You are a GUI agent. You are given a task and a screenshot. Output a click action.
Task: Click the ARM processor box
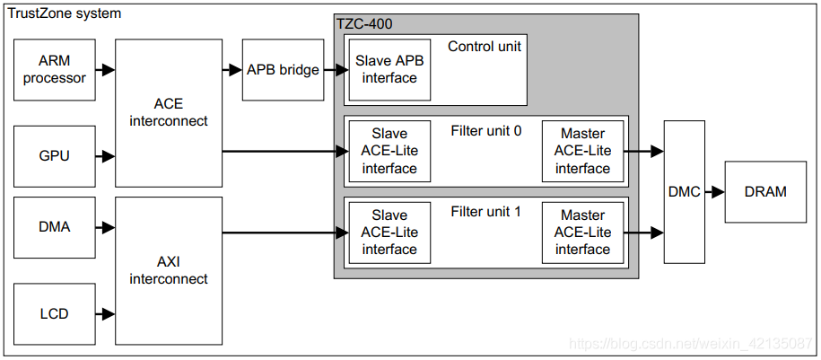coord(55,70)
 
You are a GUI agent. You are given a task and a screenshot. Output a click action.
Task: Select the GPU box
coord(55,156)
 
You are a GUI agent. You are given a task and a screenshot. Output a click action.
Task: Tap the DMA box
coord(55,227)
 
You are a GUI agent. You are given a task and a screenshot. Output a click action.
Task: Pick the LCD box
coord(55,314)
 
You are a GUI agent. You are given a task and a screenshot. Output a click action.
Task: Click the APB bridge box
coord(283,70)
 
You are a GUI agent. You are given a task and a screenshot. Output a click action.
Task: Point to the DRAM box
coord(765,192)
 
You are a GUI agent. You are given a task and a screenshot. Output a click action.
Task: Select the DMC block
coord(685,192)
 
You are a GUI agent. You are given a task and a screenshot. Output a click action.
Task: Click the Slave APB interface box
coord(389,70)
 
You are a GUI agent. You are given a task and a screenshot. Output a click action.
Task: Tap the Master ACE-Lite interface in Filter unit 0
coord(582,152)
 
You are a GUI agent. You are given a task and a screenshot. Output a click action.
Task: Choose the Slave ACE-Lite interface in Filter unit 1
coord(389,233)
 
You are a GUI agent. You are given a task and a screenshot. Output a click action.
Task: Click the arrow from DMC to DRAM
coord(715,192)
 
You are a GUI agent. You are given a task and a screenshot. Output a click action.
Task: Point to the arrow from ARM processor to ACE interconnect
coord(105,70)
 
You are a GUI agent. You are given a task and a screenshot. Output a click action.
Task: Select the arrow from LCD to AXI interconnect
coord(105,314)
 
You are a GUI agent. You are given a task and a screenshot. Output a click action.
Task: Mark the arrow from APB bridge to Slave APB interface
coord(336,70)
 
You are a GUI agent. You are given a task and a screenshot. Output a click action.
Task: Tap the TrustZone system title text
coord(64,13)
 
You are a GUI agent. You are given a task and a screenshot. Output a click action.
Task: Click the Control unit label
coord(485,46)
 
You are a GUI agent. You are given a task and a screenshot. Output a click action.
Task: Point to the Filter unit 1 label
coord(486,212)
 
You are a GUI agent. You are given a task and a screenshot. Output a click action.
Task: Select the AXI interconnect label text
coord(169,270)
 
